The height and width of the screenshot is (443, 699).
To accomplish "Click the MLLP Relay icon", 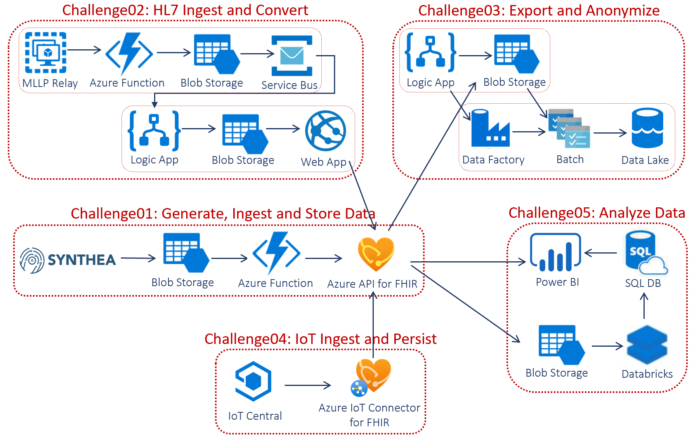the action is coord(46,53).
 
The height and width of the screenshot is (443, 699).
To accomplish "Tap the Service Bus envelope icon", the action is coord(292,56).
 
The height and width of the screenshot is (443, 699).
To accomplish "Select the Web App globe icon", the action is coord(325,131).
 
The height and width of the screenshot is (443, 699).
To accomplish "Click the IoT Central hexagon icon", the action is coord(253,381).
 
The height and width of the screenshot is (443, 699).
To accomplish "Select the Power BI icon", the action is coord(555,252).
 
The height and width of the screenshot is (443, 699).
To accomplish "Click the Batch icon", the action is coord(569,129).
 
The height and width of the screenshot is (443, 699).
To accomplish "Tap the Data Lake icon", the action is coord(647,128).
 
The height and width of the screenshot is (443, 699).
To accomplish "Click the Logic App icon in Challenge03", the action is coord(430,52).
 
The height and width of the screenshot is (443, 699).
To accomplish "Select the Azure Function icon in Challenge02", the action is coord(129,54).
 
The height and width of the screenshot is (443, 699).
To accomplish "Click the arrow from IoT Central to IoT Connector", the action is coord(307,386).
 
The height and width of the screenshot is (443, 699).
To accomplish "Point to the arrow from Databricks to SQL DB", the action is coord(644,306).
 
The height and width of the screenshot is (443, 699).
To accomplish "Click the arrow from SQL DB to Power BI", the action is coord(600,253).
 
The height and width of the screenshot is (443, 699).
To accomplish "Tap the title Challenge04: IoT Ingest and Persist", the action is coord(321,339).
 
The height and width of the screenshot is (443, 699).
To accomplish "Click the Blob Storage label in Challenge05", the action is coord(557,373).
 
